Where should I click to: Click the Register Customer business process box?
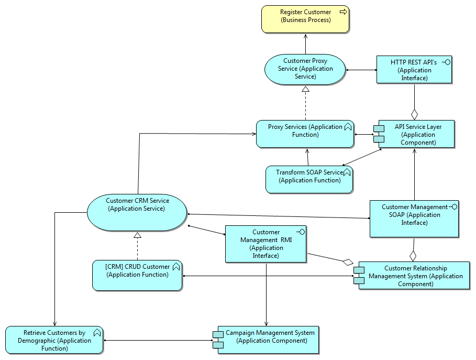pos(305,19)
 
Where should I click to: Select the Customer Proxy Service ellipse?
pos(305,69)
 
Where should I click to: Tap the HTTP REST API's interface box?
pos(414,70)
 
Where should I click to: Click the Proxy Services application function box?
pos(305,134)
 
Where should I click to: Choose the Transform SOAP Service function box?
pos(309,179)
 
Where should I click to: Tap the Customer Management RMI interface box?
pos(265,244)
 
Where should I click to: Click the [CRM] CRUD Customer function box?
pos(137,275)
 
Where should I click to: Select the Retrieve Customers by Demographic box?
pos(54,340)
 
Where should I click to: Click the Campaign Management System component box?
pos(268,340)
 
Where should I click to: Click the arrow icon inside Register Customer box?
pos(343,12)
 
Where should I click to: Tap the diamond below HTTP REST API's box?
pos(415,113)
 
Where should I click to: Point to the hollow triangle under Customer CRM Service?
pos(137,235)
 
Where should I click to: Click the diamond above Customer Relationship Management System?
pos(413,256)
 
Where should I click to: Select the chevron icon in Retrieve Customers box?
pos(96,332)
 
